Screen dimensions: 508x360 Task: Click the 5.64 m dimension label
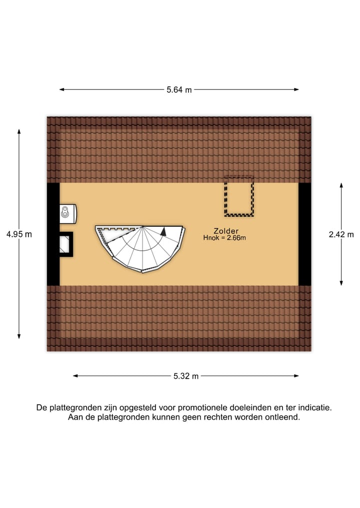pyautogui.click(x=179, y=90)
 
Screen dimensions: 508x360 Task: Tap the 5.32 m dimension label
pyautogui.click(x=186, y=376)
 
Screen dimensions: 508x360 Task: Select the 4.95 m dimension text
pyautogui.click(x=19, y=234)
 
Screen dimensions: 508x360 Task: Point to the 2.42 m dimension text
pyautogui.click(x=341, y=234)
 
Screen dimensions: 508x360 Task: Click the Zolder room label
pyautogui.click(x=226, y=231)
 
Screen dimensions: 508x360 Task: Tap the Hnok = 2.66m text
pyautogui.click(x=224, y=238)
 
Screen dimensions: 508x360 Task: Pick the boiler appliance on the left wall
pyautogui.click(x=67, y=213)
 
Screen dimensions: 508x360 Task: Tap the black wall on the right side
pyautogui.click(x=304, y=234)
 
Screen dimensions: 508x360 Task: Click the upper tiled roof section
pyautogui.click(x=179, y=150)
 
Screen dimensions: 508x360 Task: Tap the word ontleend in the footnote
pyautogui.click(x=283, y=417)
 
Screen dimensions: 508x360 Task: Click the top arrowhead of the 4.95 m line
pyautogui.click(x=19, y=131)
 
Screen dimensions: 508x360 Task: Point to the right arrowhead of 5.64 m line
pyautogui.click(x=296, y=90)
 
